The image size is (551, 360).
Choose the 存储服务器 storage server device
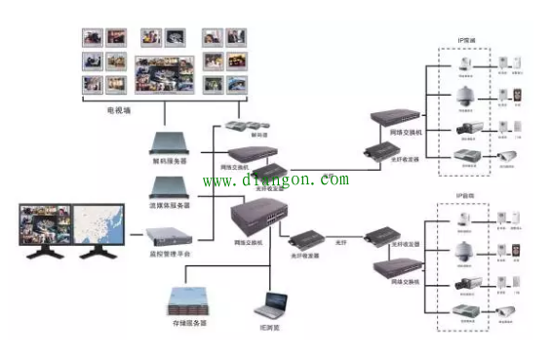pos(185,298)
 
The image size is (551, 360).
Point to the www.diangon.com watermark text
pos(275,180)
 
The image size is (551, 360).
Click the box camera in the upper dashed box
pos(464,129)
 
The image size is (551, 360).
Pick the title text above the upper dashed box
pos(466,41)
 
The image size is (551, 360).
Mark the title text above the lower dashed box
pos(466,196)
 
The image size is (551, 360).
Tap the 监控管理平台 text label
pos(174,254)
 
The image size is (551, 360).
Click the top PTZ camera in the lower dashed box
pos(464,220)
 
